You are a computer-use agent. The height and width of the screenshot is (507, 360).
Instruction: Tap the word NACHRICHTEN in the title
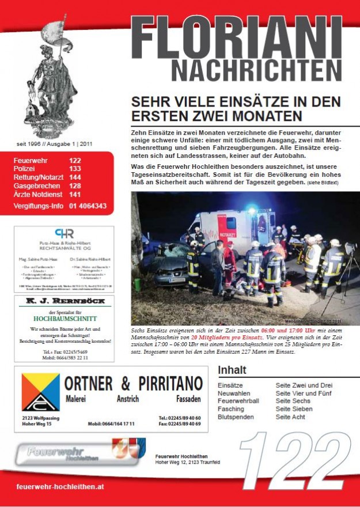tap(256, 70)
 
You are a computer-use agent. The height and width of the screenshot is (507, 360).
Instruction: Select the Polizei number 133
tap(75, 169)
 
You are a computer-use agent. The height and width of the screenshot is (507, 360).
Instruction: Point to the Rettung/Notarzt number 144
tap(75, 177)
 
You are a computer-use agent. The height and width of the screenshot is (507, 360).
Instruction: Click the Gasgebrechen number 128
tap(75, 186)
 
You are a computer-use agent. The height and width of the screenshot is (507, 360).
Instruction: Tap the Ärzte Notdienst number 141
tap(75, 195)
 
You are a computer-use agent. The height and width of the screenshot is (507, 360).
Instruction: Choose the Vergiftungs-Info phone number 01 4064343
tap(88, 206)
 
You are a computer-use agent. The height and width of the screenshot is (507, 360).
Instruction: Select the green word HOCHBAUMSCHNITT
tap(64, 318)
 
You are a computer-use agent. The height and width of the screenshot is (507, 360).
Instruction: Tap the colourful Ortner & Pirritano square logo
tap(40, 392)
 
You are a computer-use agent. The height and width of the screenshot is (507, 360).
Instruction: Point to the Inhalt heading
tap(232, 370)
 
